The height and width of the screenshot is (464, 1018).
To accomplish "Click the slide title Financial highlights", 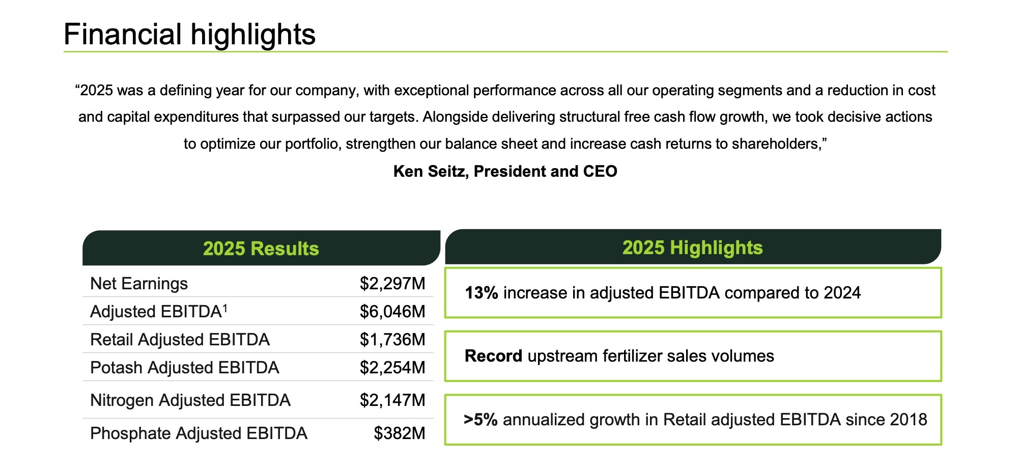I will pos(189,34).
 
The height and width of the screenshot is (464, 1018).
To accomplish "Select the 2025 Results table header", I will pos(261,249).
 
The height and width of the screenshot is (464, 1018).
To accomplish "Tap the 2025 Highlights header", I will pos(692,248).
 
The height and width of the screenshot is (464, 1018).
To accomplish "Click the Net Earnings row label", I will pos(139,284).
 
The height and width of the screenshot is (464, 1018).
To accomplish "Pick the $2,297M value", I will pos(392,284).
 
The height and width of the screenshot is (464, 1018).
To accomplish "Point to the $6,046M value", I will pos(392,312).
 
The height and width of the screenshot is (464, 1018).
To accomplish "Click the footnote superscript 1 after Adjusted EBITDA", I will pos(225,308).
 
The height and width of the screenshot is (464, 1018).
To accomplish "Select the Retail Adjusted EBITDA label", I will pos(180,340).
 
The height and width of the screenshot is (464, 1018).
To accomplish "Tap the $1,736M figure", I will pos(392,340).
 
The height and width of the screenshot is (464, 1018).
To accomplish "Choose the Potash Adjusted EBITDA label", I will pos(184,368).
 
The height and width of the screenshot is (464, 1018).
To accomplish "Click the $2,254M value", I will pos(392,368).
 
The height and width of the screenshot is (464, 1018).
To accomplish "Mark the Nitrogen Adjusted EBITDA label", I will pos(190,400).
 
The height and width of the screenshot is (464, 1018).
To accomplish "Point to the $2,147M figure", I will pos(392,400).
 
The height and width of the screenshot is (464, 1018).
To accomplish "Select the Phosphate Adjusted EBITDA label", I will pos(199,433).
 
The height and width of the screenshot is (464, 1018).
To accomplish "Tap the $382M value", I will pos(399,433).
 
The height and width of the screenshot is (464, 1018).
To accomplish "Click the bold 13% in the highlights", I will pos(481,293).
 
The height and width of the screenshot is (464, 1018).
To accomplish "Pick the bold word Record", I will pos(493,356).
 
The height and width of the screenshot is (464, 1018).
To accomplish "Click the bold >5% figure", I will pos(480,420).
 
